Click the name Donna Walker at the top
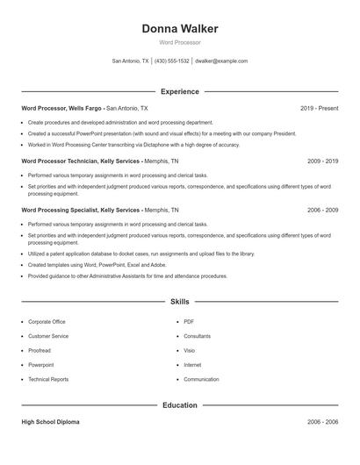[x=180, y=29]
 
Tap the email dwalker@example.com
[x=221, y=61]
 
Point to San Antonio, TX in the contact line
[x=131, y=61]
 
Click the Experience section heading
[x=180, y=91]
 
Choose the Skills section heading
[x=180, y=302]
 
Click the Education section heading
[x=180, y=405]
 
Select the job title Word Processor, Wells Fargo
[x=61, y=108]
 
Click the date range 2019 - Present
[x=319, y=108]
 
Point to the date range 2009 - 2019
[x=323, y=161]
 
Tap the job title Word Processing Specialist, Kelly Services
[x=81, y=211]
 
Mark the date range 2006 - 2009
[x=323, y=211]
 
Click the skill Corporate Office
[x=47, y=322]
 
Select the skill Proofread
[x=40, y=350]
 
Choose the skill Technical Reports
[x=48, y=379]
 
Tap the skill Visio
[x=190, y=350]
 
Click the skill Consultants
[x=197, y=336]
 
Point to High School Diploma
[x=50, y=422]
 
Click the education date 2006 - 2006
[x=323, y=422]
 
